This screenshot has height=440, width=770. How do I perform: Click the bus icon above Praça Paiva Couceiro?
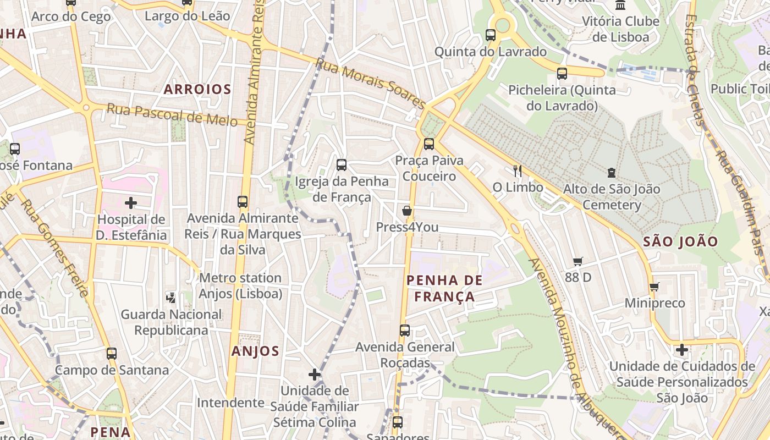pyautogui.click(x=428, y=144)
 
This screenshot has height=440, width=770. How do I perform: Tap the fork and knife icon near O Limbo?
pyautogui.click(x=517, y=170)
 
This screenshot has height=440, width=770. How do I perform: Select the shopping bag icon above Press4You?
pyautogui.click(x=407, y=210)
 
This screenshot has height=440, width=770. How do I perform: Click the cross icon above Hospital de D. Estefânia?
pyautogui.click(x=131, y=203)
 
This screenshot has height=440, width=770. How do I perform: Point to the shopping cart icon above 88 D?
pyautogui.click(x=577, y=261)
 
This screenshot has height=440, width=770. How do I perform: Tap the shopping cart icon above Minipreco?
pyautogui.click(x=654, y=287)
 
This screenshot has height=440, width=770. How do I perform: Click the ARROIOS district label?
pyautogui.click(x=197, y=89)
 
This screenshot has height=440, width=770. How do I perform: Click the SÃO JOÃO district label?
pyautogui.click(x=680, y=241)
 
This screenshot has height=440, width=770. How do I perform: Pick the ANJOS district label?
pyautogui.click(x=255, y=351)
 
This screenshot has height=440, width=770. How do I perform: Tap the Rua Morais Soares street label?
pyautogui.click(x=370, y=84)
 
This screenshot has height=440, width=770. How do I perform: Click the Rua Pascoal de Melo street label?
pyautogui.click(x=172, y=114)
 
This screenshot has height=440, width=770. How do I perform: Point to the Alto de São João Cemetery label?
pyautogui.click(x=612, y=197)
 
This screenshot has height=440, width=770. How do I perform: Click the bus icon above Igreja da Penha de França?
pyautogui.click(x=342, y=164)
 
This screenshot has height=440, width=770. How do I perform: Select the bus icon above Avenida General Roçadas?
pyautogui.click(x=405, y=330)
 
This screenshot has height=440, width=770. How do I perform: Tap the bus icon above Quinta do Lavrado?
pyautogui.click(x=491, y=35)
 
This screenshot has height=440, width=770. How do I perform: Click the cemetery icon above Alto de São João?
pyautogui.click(x=612, y=173)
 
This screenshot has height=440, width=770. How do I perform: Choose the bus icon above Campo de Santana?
pyautogui.click(x=112, y=353)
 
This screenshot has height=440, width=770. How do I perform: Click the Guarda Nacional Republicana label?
pyautogui.click(x=171, y=322)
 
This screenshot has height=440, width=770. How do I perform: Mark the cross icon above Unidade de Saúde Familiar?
pyautogui.click(x=315, y=375)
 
